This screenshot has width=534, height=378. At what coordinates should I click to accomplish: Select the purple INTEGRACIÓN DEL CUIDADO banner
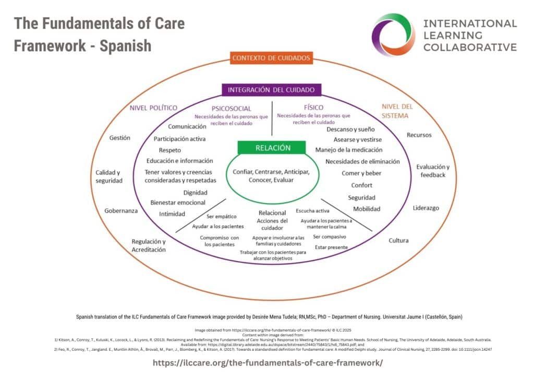pos(271,90)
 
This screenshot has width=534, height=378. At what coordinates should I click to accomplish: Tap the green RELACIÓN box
pos(272,148)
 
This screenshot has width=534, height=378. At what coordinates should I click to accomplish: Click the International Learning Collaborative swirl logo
pos(393,34)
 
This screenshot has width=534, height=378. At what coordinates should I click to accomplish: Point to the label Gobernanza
pos(121,210)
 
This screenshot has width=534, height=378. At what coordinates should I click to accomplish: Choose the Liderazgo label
pos(426,208)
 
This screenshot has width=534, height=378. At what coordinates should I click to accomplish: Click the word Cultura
pos(398,241)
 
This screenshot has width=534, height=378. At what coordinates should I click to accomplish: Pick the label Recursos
pos(419,135)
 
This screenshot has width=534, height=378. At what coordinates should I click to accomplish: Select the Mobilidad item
pos(367,209)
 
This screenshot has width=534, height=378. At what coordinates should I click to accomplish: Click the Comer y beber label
pos(361,173)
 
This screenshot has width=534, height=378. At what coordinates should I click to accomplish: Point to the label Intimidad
pos(172,214)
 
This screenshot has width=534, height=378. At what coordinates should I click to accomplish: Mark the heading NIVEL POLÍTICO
pos(153,108)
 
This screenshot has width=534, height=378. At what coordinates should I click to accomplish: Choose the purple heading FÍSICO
pos(313,108)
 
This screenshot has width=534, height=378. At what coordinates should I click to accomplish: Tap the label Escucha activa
pos(312,211)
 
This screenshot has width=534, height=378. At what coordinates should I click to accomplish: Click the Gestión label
pos(120,138)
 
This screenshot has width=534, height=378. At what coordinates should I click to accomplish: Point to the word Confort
pos(362,185)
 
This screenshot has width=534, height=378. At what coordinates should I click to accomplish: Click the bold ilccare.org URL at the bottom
pos(267,362)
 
